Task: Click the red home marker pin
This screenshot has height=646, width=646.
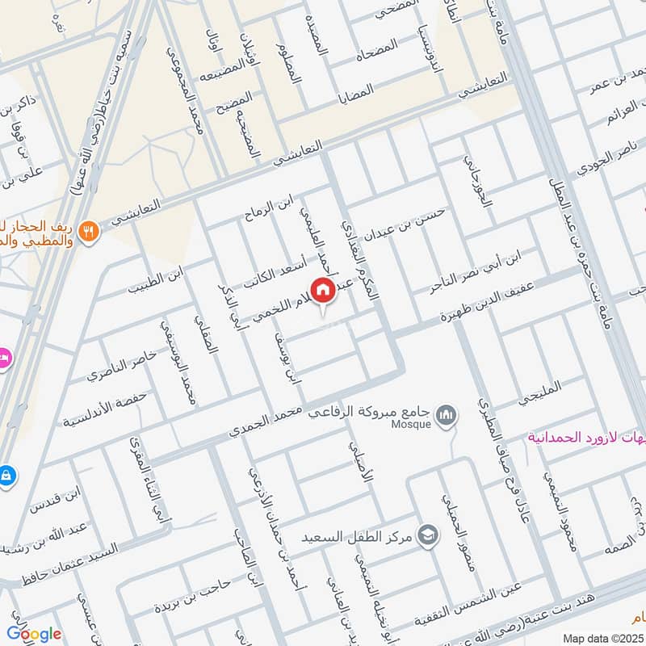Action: pos(323,289)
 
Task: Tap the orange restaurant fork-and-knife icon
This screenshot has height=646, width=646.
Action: pos(90,229)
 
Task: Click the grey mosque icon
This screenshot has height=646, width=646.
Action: pos(444,416)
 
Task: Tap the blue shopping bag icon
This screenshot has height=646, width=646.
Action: pos(6,474)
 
